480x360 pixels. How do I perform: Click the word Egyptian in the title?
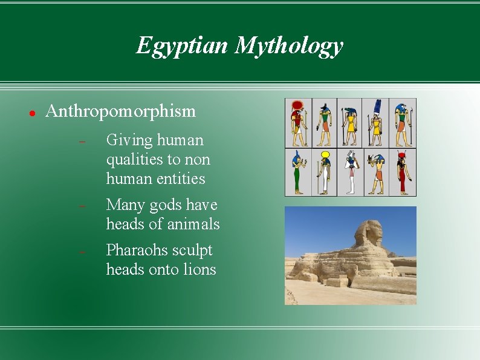coord(182,46)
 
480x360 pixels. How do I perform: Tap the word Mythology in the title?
coord(289,46)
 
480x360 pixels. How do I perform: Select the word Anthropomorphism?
coord(121,111)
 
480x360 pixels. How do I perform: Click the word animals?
coord(193,224)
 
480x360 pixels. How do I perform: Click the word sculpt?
coord(193,250)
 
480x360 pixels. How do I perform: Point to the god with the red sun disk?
coord(298,123)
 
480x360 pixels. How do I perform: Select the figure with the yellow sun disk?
coord(325,172)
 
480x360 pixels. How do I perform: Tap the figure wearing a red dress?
coord(403,172)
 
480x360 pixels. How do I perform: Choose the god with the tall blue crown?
coord(377,123)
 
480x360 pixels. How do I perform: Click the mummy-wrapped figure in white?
coord(351,172)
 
